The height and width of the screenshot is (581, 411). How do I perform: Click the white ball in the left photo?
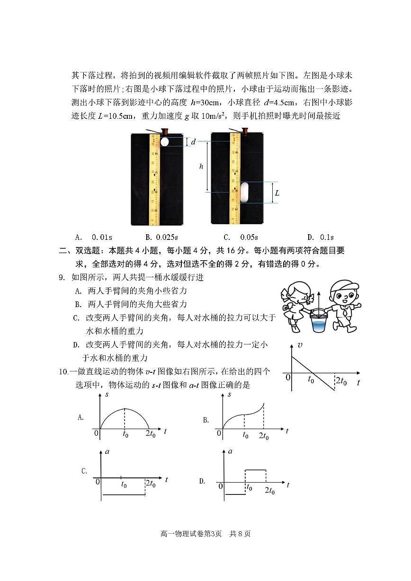[x=164, y=141]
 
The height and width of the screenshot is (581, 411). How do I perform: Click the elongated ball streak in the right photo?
[x=244, y=192]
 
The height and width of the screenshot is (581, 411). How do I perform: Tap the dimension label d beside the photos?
[x=193, y=141]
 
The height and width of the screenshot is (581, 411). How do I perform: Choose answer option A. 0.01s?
[x=93, y=237]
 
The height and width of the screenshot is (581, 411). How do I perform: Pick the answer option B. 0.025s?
[x=161, y=237]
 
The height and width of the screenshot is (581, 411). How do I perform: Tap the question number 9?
[x=62, y=278]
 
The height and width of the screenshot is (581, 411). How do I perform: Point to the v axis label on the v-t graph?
[x=300, y=345]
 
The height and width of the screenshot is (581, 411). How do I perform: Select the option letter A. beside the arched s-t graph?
[x=80, y=417]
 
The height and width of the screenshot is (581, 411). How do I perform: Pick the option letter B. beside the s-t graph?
[x=206, y=420]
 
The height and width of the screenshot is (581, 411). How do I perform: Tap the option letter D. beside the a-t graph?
[x=202, y=481]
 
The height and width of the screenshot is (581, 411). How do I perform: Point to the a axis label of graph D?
[x=230, y=451]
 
